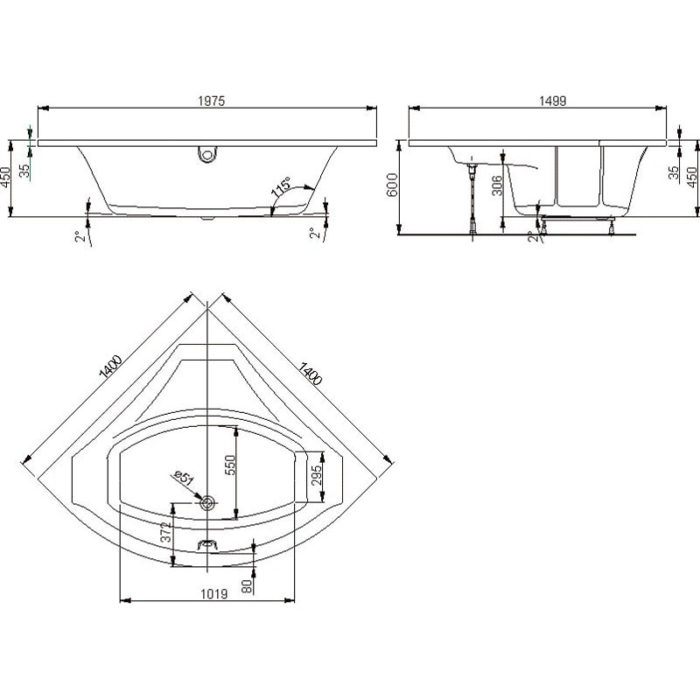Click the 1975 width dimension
tap(211, 101)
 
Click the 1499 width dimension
tap(553, 101)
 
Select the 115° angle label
tap(281, 186)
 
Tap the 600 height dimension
tap(391, 185)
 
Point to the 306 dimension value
tap(497, 185)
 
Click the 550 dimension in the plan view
tap(229, 465)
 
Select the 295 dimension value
tap(316, 476)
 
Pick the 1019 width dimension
tap(213, 594)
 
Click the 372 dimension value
tap(165, 532)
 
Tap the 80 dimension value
tap(247, 585)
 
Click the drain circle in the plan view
tap(207, 503)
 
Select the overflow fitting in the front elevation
tap(206, 154)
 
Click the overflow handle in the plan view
tap(207, 544)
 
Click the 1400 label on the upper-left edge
tap(110, 367)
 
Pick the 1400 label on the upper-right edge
tap(310, 374)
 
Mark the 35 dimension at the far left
tap(25, 170)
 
